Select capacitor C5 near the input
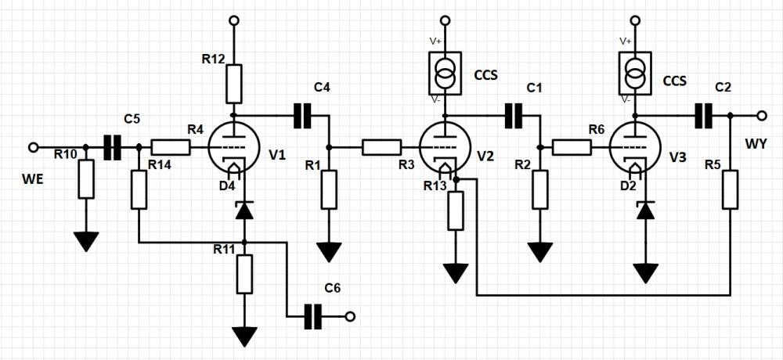(113, 146)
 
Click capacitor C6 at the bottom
(314, 316)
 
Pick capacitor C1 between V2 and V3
(514, 116)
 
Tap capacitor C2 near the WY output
(705, 116)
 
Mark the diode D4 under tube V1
(245, 210)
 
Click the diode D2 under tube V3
(646, 210)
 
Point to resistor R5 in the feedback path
(730, 189)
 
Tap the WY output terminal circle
(760, 116)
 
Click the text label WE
(33, 182)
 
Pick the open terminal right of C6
(350, 316)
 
